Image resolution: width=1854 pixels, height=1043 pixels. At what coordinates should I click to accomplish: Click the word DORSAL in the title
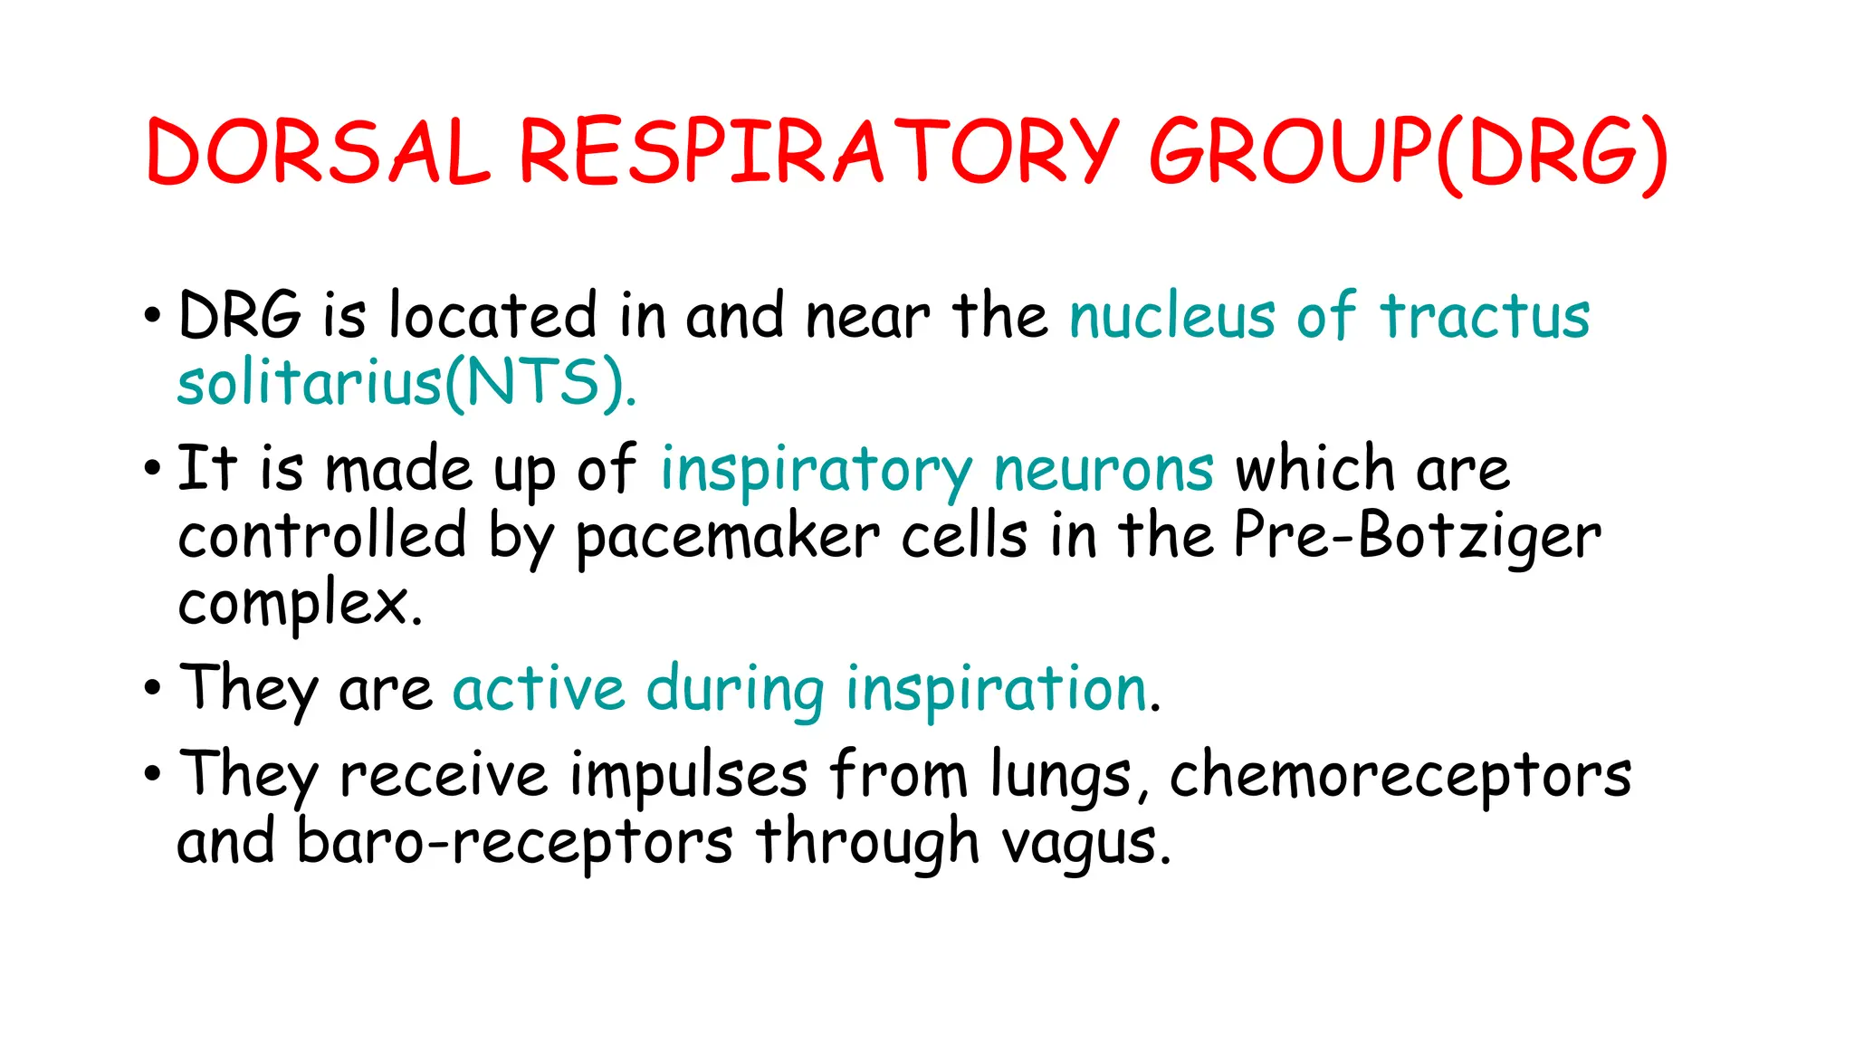[x=317, y=151]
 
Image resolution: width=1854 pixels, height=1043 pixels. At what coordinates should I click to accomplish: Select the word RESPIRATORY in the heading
[x=819, y=151]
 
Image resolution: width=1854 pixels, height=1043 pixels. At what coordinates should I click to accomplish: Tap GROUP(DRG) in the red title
[x=1408, y=151]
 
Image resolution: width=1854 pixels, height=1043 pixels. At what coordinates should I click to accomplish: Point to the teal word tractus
[x=1485, y=316]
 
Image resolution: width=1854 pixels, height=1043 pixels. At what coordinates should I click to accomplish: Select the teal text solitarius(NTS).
[x=406, y=383]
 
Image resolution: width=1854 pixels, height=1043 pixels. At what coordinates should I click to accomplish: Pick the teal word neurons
[x=1104, y=469]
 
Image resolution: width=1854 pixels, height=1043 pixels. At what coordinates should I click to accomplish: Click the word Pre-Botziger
[x=1418, y=536]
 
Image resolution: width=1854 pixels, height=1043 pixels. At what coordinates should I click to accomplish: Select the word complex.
[x=300, y=604]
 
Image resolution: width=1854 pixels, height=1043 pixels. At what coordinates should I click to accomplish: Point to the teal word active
[x=539, y=689]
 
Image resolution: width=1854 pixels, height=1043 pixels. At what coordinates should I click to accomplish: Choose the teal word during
[x=735, y=689]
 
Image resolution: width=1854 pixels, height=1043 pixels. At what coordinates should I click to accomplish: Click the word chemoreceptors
[x=1400, y=775]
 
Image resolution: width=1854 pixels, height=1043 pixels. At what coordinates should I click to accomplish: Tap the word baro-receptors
[x=514, y=842]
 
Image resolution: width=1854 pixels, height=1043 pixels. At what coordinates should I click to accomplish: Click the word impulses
[x=689, y=775]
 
